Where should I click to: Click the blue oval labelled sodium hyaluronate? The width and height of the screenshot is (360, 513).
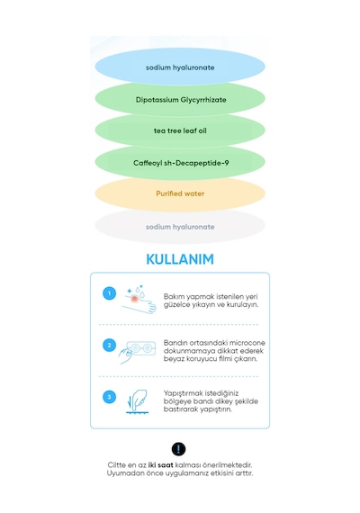pyautogui.click(x=180, y=67)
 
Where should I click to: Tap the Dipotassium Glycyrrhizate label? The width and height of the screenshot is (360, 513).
pyautogui.click(x=181, y=100)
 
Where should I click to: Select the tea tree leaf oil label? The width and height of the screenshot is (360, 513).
pyautogui.click(x=180, y=130)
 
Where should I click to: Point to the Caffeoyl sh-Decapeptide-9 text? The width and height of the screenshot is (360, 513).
pyautogui.click(x=181, y=163)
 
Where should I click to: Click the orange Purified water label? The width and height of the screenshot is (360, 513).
pyautogui.click(x=180, y=193)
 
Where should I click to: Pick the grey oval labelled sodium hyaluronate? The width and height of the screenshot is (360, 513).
pyautogui.click(x=180, y=227)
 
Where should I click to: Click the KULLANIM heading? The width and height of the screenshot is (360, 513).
pyautogui.click(x=180, y=259)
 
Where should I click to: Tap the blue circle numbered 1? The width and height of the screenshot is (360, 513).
pyautogui.click(x=109, y=293)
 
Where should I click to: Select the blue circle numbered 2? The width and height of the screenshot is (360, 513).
pyautogui.click(x=109, y=346)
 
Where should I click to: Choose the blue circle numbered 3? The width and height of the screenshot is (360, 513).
pyautogui.click(x=109, y=397)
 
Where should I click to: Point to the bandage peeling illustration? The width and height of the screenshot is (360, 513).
pyautogui.click(x=137, y=352)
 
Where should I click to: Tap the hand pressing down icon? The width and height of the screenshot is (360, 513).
pyautogui.click(x=137, y=401)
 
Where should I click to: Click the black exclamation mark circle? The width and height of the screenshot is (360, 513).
pyautogui.click(x=178, y=449)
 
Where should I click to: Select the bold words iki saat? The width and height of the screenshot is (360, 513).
pyautogui.click(x=160, y=465)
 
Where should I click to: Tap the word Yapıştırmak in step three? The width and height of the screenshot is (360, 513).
pyautogui.click(x=184, y=393)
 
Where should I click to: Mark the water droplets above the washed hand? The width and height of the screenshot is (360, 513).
pyautogui.click(x=140, y=290)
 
